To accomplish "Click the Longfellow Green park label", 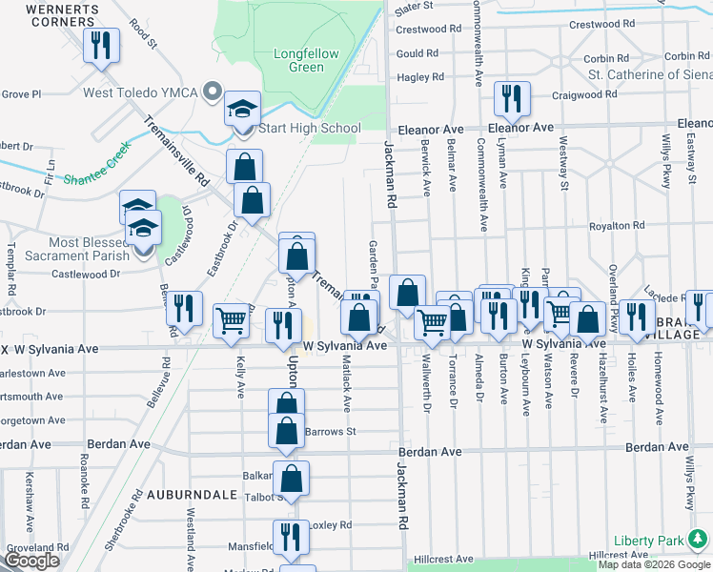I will pos(306,60).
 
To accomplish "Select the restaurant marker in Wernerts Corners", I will pos(99,46).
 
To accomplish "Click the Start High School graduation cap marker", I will pos(242,109).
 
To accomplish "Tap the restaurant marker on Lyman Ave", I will pos(511,98).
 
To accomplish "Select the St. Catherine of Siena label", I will pos(650,74).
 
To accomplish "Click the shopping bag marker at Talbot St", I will pos(291,478).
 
